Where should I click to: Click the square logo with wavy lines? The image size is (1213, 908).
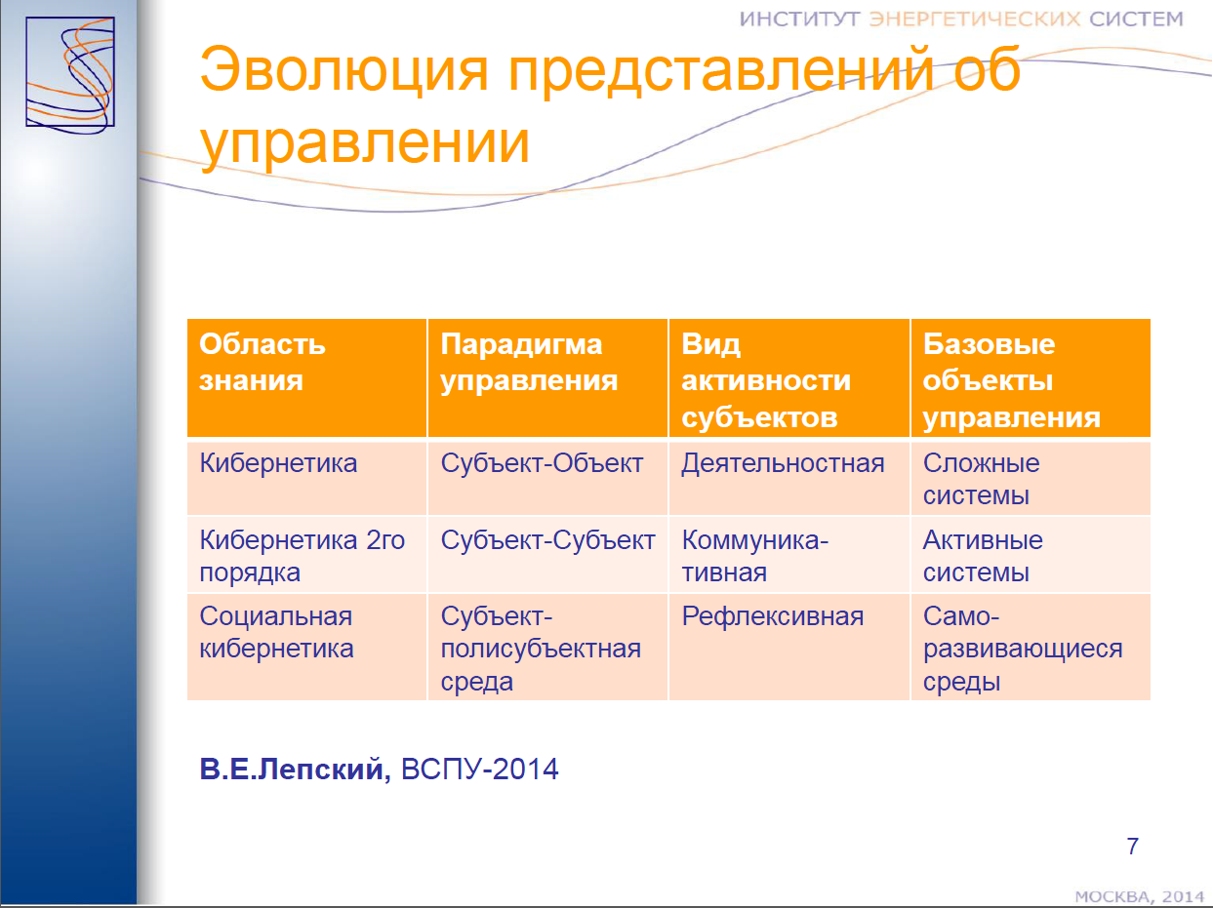pos(70,74)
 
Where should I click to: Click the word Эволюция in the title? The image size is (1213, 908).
pos(344,70)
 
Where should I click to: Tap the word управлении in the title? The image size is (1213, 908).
pos(365,144)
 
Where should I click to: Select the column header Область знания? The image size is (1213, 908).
pos(263,362)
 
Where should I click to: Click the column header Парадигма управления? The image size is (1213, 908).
pos(529,362)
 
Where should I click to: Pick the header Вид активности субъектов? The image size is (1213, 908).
pos(766,380)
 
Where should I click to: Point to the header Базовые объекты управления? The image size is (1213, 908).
pos(1011,380)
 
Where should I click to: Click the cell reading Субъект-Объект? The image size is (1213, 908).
pos(542,463)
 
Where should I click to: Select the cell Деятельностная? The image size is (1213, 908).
pos(783,464)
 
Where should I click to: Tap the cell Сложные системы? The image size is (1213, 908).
pos(981,479)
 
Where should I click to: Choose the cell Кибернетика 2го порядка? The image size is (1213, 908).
pos(302,556)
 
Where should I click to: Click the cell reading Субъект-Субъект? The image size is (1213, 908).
pos(547,540)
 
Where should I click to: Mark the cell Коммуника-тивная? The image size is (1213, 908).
pos(755,556)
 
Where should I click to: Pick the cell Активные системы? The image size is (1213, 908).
pos(983,556)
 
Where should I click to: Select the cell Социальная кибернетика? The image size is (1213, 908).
pos(276,632)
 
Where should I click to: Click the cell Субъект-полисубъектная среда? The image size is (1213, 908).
pos(541,649)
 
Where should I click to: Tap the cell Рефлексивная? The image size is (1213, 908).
pos(773,617)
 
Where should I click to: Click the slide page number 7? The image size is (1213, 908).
pos(1132,847)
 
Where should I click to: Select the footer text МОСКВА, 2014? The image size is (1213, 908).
pos(1140,897)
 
